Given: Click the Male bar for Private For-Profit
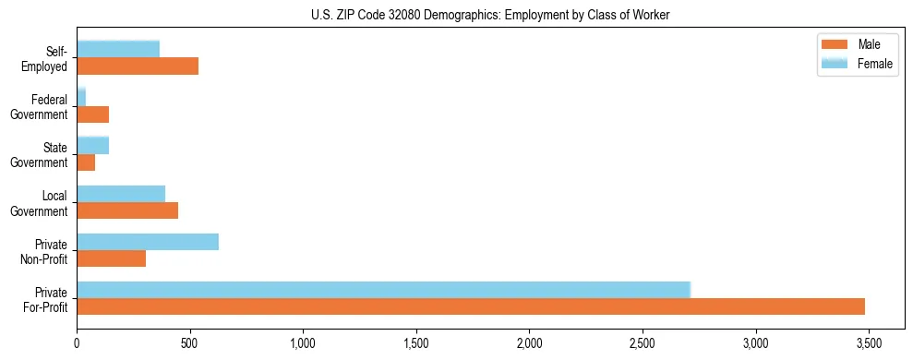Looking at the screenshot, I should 471,306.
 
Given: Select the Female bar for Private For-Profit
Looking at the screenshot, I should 383,290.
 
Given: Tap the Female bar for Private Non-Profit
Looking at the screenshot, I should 148,242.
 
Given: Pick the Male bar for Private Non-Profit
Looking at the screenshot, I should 111,258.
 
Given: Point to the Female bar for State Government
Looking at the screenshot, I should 92,145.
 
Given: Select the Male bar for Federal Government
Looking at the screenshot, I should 92,114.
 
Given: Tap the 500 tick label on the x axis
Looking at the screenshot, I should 190,342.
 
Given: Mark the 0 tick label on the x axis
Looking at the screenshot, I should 77,342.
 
